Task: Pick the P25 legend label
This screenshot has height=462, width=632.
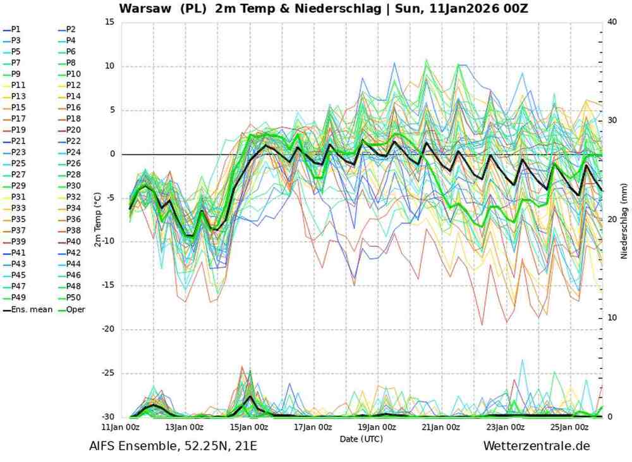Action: click(x=18, y=163)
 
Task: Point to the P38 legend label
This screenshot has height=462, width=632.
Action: click(x=73, y=230)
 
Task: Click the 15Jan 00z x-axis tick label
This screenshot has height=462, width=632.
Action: click(x=249, y=427)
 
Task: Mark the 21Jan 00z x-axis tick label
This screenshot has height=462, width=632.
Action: click(x=441, y=427)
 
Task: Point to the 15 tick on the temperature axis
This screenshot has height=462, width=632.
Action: click(x=109, y=22)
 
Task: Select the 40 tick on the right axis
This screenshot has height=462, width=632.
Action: click(x=611, y=22)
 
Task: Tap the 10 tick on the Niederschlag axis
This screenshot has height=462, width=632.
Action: click(x=611, y=318)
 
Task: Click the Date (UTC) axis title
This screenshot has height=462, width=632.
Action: click(x=361, y=438)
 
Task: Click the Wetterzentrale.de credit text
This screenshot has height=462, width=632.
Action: click(x=536, y=446)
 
